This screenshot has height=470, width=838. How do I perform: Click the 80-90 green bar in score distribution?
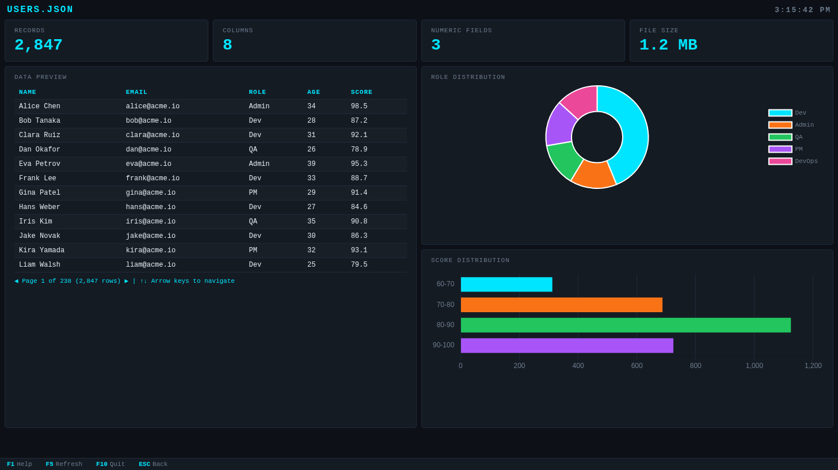(x=626, y=325)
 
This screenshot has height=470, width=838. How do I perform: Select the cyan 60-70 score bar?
(x=506, y=285)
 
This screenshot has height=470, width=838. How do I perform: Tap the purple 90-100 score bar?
(x=567, y=346)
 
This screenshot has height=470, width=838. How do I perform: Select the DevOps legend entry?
(x=793, y=161)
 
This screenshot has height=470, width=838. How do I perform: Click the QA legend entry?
(x=786, y=137)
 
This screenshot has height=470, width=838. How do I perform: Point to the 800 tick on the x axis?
(x=695, y=366)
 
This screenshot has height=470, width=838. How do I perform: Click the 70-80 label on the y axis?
(x=445, y=305)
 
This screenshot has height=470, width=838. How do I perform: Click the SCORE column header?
(x=361, y=92)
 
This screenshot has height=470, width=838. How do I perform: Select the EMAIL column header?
(x=136, y=92)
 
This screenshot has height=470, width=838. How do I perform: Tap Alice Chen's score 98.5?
(x=359, y=107)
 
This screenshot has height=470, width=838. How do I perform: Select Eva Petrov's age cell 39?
(x=311, y=164)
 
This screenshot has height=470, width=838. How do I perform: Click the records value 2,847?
(x=39, y=45)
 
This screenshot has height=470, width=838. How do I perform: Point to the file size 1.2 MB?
(x=668, y=45)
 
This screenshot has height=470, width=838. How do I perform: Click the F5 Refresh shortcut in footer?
(x=64, y=464)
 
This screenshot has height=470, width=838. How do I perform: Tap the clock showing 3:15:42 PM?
(x=802, y=10)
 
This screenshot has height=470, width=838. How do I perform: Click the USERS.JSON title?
(x=40, y=10)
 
